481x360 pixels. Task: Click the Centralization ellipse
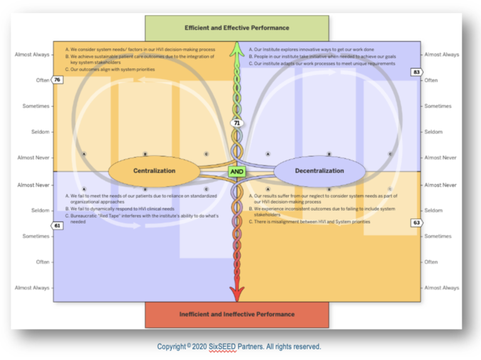154,170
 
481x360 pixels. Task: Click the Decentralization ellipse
319,170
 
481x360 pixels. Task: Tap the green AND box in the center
237,171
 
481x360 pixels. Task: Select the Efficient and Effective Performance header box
237,28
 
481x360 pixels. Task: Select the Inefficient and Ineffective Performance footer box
237,314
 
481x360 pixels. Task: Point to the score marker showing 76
57,80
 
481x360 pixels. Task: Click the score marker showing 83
416,72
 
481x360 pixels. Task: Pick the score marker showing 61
57,225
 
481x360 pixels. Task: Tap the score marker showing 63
416,222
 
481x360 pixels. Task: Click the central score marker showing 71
237,123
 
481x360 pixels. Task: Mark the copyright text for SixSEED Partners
239,346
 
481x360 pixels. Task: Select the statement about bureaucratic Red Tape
141,218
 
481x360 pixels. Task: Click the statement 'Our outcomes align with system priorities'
110,69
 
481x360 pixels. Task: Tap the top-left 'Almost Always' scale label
32,54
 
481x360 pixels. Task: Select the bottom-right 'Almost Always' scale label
442,288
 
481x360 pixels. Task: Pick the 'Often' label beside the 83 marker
432,80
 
